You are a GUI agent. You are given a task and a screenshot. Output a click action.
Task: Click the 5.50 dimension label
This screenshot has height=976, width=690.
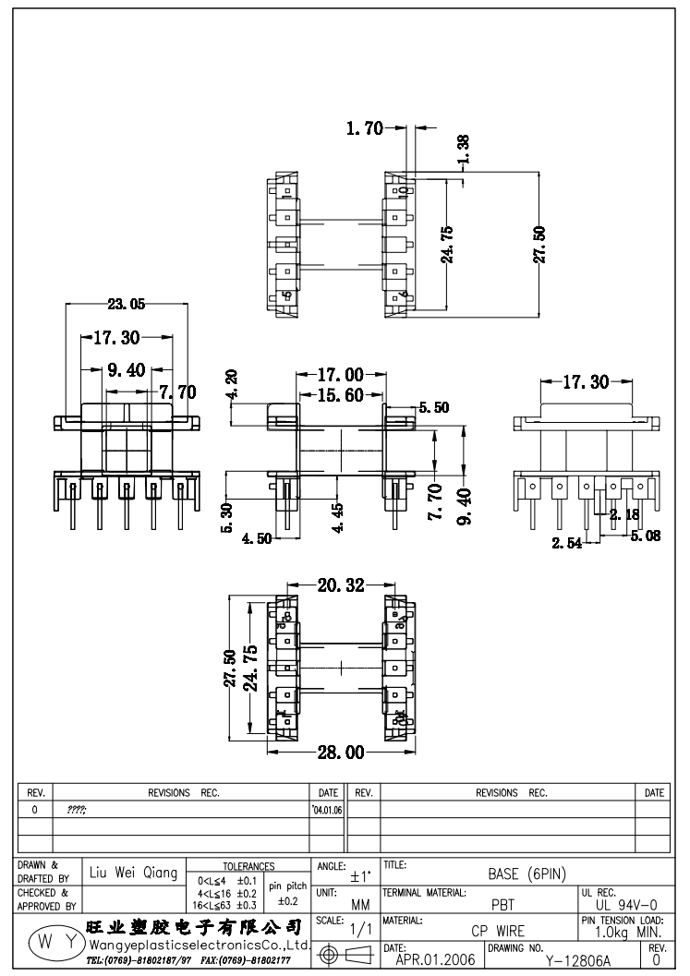[433, 407]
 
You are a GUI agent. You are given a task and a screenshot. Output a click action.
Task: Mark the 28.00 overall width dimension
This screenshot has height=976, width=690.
[341, 753]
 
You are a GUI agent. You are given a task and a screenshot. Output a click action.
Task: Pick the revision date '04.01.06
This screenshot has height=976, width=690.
[328, 809]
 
